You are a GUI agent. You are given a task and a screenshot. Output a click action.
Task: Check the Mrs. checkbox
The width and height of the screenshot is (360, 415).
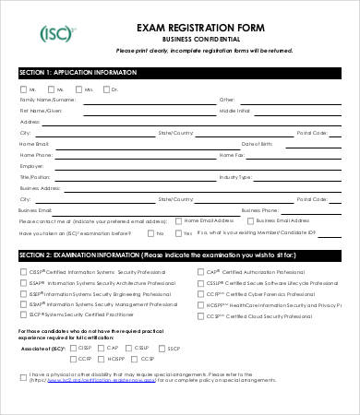(51, 89)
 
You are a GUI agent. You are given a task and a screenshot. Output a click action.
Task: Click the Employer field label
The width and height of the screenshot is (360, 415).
(32, 166)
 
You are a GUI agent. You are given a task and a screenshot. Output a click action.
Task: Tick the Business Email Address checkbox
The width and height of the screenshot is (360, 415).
(251, 222)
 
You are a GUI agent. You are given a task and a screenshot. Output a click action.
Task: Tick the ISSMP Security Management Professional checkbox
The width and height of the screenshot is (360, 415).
(23, 303)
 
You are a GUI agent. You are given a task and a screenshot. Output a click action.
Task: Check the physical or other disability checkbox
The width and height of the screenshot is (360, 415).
(24, 375)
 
